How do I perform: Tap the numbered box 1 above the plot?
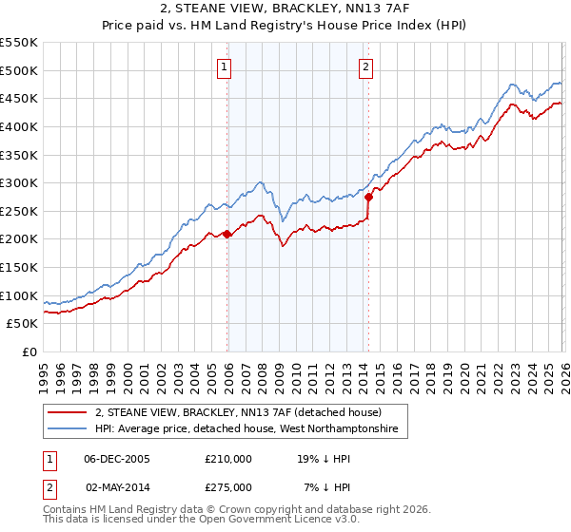pos(224,66)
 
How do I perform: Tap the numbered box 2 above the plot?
pos(365,66)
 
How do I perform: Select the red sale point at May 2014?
pos(368,197)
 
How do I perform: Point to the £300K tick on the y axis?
pos(19,182)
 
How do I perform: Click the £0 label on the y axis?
pos(30,351)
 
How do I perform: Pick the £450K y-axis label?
pos(19,98)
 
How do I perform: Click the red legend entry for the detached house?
pos(238,412)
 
